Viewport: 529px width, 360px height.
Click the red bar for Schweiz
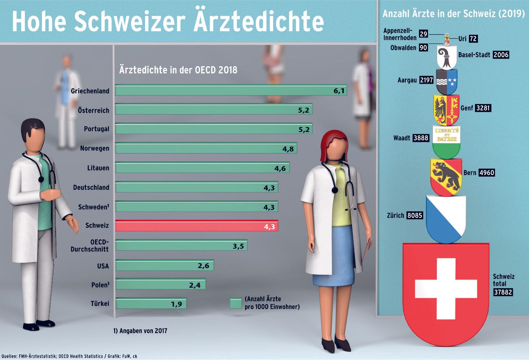click(x=196, y=226)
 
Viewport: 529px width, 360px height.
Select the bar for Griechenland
click(x=230, y=90)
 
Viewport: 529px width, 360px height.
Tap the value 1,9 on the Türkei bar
click(x=176, y=304)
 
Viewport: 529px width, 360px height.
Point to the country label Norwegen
click(x=94, y=148)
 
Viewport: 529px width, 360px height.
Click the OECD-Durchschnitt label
click(x=90, y=245)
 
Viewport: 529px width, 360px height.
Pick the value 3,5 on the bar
click(x=238, y=246)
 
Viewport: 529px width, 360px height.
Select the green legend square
click(x=235, y=303)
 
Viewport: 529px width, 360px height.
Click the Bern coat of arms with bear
click(x=446, y=177)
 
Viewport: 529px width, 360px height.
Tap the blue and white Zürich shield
click(x=446, y=218)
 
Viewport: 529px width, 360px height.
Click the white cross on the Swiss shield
click(x=446, y=289)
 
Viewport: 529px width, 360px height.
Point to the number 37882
click(x=503, y=292)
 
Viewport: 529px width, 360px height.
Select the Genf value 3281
click(x=483, y=108)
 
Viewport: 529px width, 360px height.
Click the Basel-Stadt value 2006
click(x=501, y=55)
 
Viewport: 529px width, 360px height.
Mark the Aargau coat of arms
click(x=447, y=82)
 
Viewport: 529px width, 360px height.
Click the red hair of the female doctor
click(x=329, y=144)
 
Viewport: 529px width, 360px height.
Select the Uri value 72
click(x=473, y=39)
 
